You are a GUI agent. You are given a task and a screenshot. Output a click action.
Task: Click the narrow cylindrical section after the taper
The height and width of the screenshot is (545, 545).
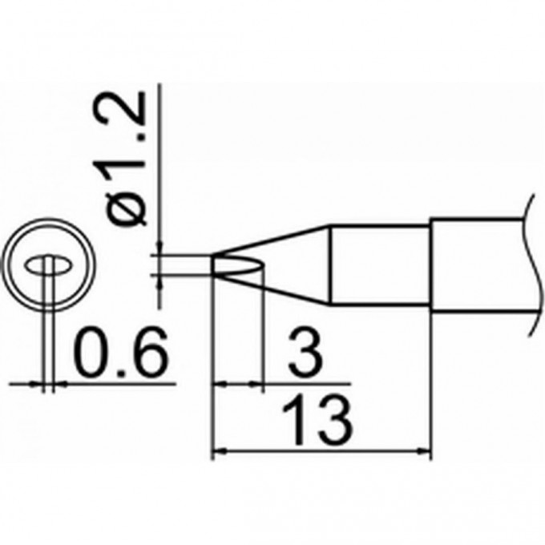(x=381, y=265)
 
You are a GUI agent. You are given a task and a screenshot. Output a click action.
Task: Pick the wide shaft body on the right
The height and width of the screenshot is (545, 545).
(x=477, y=265)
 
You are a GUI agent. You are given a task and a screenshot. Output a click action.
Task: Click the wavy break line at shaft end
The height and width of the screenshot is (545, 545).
(x=530, y=265)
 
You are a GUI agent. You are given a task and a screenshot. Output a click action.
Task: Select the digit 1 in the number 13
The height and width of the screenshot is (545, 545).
(x=301, y=420)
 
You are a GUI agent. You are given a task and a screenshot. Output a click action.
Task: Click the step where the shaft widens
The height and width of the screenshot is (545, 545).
(x=432, y=265)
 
